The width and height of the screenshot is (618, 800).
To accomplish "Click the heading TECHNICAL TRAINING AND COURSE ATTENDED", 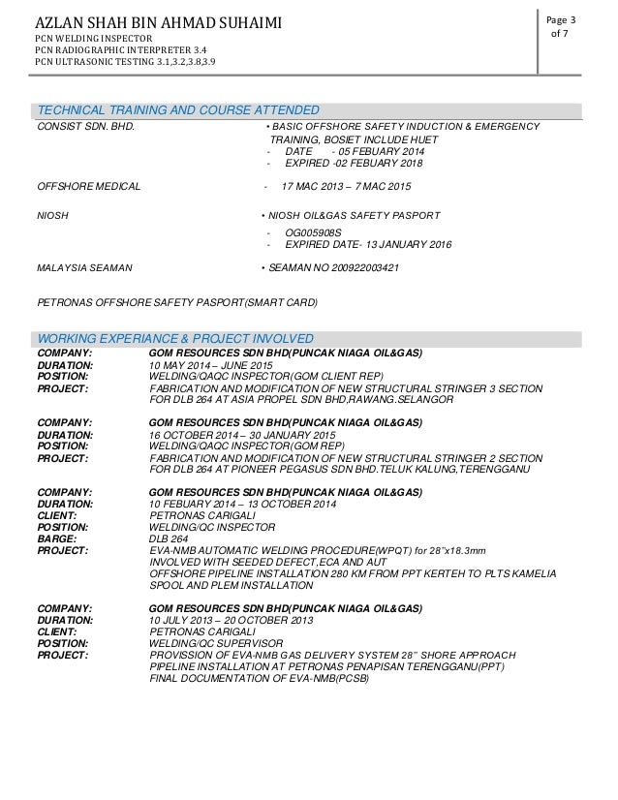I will point(178,108).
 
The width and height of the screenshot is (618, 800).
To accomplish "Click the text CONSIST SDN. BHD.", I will point(85,126).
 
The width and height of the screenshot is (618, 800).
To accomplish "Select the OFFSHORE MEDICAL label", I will point(88,184).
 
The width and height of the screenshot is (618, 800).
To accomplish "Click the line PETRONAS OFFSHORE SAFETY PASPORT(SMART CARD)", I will point(176,302).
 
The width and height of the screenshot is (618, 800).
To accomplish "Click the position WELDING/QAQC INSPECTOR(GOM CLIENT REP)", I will point(266,376).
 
